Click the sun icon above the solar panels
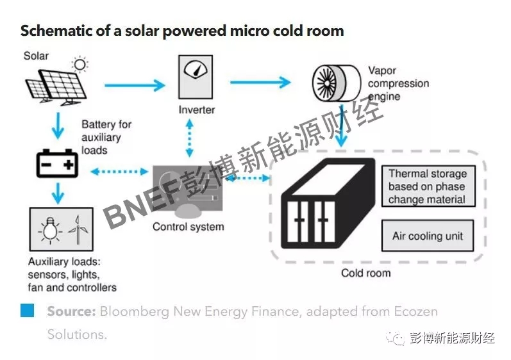[80, 63]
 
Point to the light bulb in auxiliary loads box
[49, 229]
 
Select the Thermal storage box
[427, 186]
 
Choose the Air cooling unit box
[427, 236]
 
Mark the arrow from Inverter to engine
[260, 82]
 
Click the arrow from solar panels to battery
[58, 126]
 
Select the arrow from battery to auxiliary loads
[58, 192]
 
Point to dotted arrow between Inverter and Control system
[189, 141]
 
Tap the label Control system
[188, 227]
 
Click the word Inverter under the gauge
[196, 110]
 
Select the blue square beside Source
[27, 311]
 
